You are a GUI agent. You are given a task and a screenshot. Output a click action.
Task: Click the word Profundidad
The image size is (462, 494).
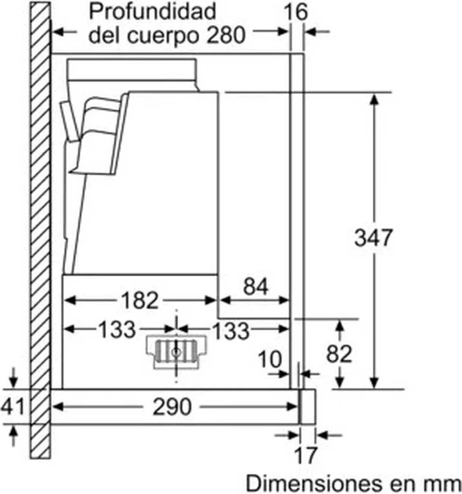pos(153,12)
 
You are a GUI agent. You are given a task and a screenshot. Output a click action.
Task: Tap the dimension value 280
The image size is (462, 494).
pos(225,35)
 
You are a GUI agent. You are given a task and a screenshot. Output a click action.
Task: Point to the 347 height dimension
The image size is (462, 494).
pos(373,238)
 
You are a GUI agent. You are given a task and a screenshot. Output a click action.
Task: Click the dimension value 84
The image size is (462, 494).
pos(255,286)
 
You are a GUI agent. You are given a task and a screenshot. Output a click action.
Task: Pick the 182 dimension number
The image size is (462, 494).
pos(140,301)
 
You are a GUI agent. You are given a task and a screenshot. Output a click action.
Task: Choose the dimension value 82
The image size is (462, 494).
pos(339,354)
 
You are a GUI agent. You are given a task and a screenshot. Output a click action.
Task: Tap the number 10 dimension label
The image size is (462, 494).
pos(270,359)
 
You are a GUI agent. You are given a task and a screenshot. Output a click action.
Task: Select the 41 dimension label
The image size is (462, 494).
pos(12,407)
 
